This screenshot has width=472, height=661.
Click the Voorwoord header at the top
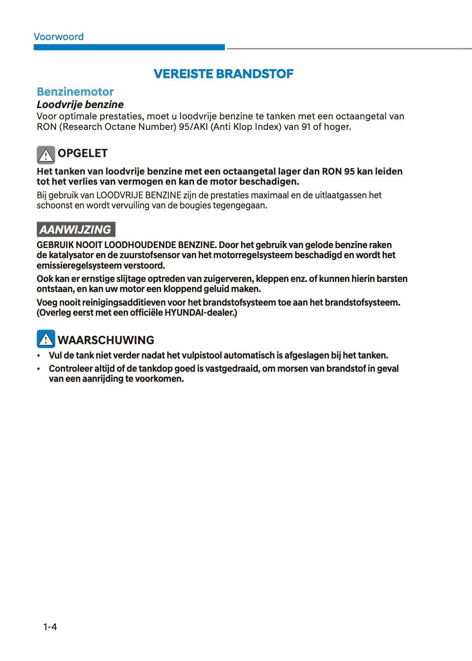tap(58, 37)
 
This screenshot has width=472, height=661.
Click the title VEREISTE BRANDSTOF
tap(224, 73)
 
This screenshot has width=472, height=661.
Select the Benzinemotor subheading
tap(75, 92)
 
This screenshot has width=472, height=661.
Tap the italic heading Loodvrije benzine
tap(80, 105)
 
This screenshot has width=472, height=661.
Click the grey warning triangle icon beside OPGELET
tap(46, 155)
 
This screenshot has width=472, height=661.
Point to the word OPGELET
tap(83, 153)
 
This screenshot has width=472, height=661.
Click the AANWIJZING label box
tap(76, 229)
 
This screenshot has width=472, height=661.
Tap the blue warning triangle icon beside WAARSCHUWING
tap(46, 339)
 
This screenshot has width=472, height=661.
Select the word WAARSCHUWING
tap(106, 340)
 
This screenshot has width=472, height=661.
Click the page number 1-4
tap(50, 627)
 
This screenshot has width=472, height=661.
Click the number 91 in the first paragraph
tap(306, 127)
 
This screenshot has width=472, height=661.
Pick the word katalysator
tap(71, 255)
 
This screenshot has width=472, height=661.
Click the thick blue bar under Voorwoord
tap(129, 47)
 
